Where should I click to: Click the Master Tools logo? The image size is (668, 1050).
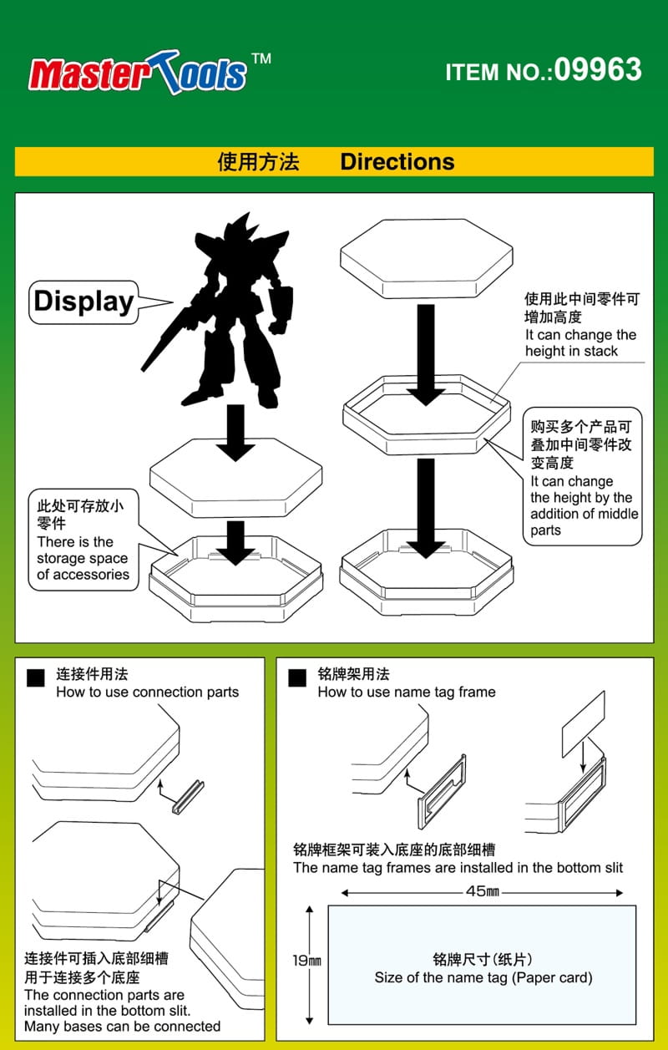(x=137, y=73)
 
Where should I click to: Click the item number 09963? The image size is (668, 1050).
(x=598, y=70)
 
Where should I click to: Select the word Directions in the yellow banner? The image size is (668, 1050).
(x=397, y=162)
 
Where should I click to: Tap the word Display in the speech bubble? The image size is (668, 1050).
(x=83, y=302)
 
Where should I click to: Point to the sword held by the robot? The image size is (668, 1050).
(x=166, y=338)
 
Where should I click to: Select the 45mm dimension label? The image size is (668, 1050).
(x=483, y=891)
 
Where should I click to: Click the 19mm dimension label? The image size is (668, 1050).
(x=306, y=961)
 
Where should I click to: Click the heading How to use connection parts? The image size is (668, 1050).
(x=147, y=692)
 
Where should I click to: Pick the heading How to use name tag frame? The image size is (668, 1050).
(x=406, y=692)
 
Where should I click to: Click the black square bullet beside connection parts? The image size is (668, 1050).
(x=36, y=677)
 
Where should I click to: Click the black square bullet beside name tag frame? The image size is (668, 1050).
(x=297, y=677)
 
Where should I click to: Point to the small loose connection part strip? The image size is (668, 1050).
(x=188, y=796)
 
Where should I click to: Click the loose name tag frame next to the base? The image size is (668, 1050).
(x=442, y=792)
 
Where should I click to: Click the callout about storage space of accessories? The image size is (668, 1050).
(x=83, y=540)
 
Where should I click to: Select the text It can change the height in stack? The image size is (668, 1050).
(x=580, y=342)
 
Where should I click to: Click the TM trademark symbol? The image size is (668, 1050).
(x=261, y=58)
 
